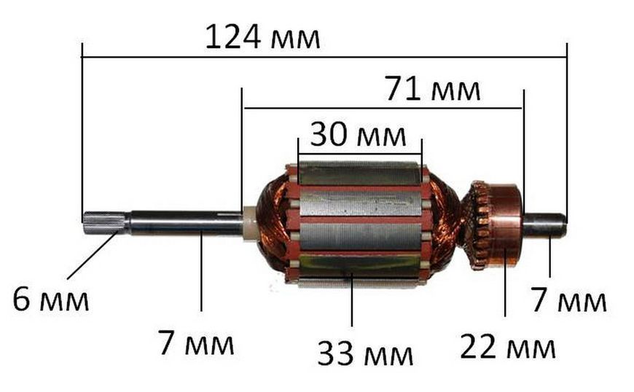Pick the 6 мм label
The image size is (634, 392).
click(x=50, y=299)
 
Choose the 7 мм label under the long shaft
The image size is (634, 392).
click(x=196, y=342)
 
